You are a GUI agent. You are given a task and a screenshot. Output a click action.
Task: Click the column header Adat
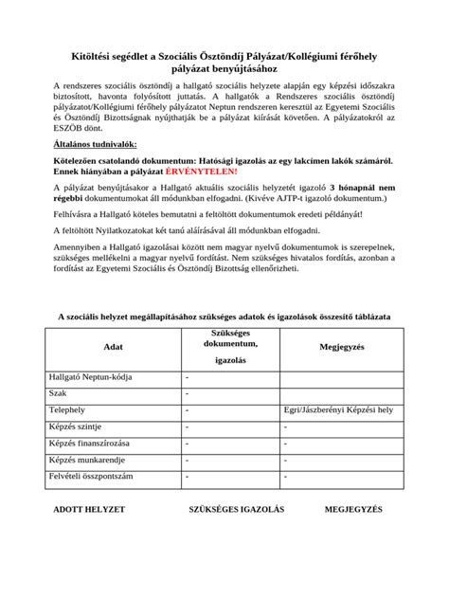tap(113, 348)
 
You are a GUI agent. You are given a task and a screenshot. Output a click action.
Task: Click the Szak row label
tap(57, 393)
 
